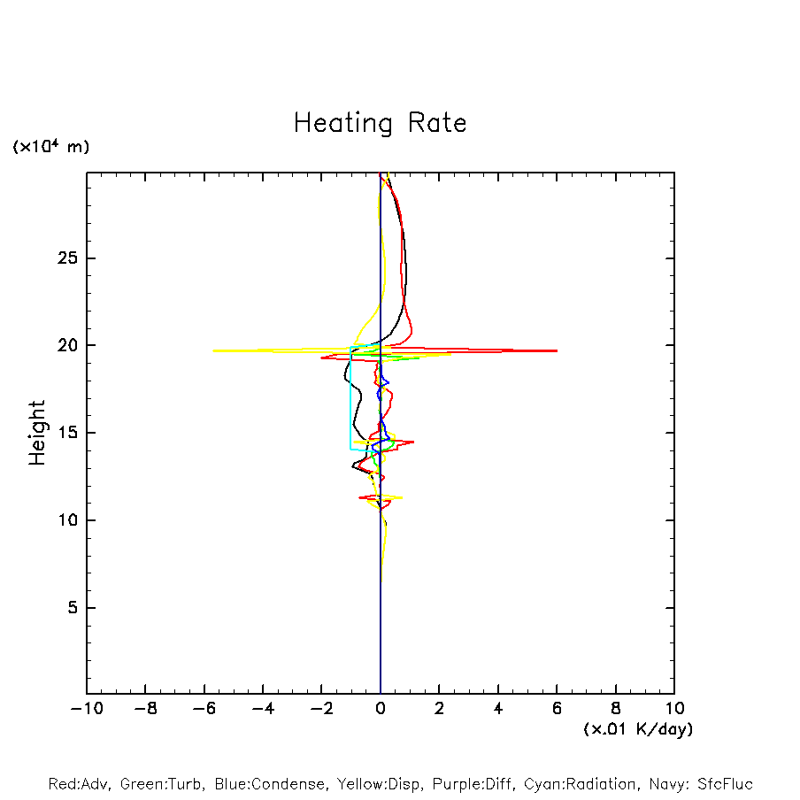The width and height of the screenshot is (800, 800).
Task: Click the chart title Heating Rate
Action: point(380,123)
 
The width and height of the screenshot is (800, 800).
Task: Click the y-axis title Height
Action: point(36,433)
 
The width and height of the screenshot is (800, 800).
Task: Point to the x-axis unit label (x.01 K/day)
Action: point(637,729)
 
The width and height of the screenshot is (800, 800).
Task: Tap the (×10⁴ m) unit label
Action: point(51,147)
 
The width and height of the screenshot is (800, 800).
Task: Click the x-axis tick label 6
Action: point(557,709)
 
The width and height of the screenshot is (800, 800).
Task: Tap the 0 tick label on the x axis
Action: point(381,709)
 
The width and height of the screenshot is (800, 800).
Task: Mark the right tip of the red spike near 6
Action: point(557,350)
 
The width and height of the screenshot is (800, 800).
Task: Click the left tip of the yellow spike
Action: point(213,350)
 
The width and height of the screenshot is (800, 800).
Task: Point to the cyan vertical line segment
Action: point(350,398)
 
